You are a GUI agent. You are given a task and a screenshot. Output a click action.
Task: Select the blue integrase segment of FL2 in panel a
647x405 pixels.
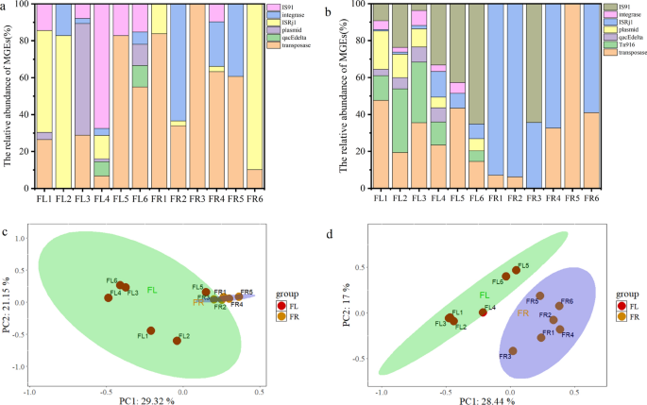tap(89, 19)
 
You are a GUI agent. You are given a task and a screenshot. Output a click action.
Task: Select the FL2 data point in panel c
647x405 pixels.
tap(177, 340)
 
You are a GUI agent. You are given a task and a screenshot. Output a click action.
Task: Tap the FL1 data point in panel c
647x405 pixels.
tap(151, 330)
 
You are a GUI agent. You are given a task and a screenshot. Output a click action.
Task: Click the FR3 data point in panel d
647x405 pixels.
tap(513, 350)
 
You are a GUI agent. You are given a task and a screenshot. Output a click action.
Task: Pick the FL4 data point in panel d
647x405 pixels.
tap(483, 311)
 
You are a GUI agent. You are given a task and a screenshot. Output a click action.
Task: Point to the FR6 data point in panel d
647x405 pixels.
tap(559, 305)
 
